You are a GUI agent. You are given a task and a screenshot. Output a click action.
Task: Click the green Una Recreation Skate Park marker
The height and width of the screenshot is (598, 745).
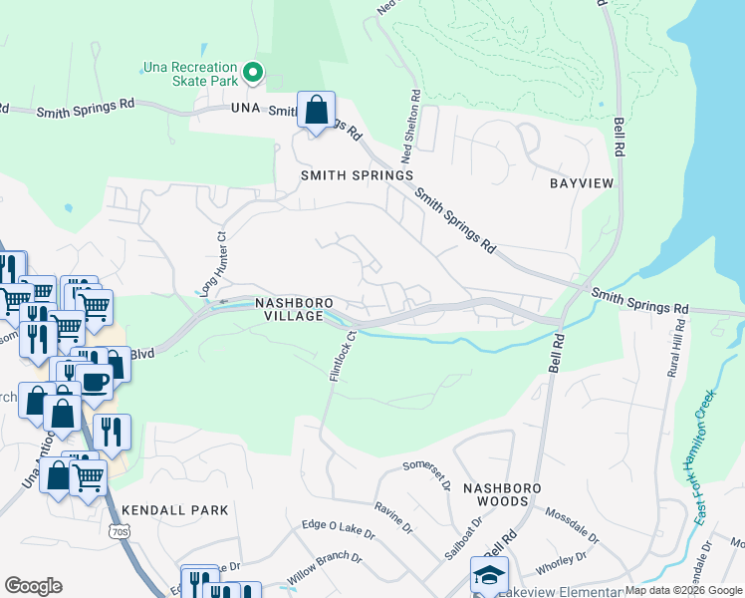click(253, 73)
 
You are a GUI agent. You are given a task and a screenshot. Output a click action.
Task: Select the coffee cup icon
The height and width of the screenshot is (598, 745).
click(96, 382)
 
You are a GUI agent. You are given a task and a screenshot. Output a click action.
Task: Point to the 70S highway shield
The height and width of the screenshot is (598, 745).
click(120, 532)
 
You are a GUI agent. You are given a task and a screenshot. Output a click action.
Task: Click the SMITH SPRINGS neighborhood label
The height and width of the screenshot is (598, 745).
click(357, 175)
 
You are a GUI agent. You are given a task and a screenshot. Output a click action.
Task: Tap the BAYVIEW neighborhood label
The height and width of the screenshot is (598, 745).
click(581, 184)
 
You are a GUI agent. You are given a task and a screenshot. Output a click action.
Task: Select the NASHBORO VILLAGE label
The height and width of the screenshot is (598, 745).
click(290, 309)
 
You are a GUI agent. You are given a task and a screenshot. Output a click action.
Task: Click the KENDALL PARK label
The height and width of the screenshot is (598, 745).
click(175, 509)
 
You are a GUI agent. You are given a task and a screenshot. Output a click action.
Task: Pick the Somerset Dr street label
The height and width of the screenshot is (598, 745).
click(427, 465)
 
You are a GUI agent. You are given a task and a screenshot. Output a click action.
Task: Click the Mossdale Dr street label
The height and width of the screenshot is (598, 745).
click(572, 524)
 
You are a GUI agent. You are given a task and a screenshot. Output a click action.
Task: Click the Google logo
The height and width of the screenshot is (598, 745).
click(33, 586)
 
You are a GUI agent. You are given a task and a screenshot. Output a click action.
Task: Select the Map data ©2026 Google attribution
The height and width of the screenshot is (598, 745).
click(683, 590)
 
